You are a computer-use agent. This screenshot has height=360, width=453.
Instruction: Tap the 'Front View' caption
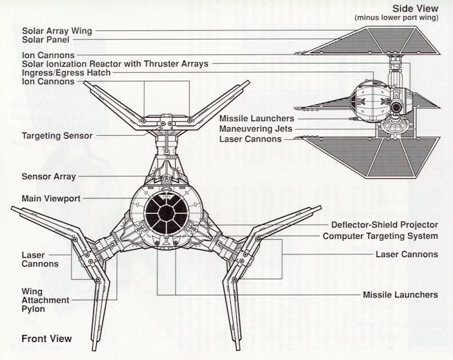point(46,338)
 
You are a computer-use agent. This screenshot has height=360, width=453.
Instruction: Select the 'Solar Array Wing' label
point(57,31)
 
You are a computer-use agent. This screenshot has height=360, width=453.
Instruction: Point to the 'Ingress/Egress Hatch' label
point(66,73)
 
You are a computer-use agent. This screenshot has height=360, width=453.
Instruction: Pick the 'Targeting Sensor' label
point(57,136)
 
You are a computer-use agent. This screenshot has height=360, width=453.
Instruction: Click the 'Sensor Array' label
point(48,176)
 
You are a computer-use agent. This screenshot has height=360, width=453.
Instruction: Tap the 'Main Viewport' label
point(50,199)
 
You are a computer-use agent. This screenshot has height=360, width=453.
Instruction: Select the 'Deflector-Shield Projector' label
point(384,225)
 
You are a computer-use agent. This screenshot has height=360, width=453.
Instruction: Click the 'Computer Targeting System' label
point(380,236)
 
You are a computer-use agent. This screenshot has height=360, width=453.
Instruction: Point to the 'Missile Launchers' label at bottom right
point(400,295)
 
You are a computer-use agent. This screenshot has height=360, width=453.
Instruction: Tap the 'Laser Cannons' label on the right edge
point(407,254)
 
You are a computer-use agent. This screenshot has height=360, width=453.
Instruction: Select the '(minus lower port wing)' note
point(400,17)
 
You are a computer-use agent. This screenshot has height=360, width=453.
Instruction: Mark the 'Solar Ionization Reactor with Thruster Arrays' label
point(115,64)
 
